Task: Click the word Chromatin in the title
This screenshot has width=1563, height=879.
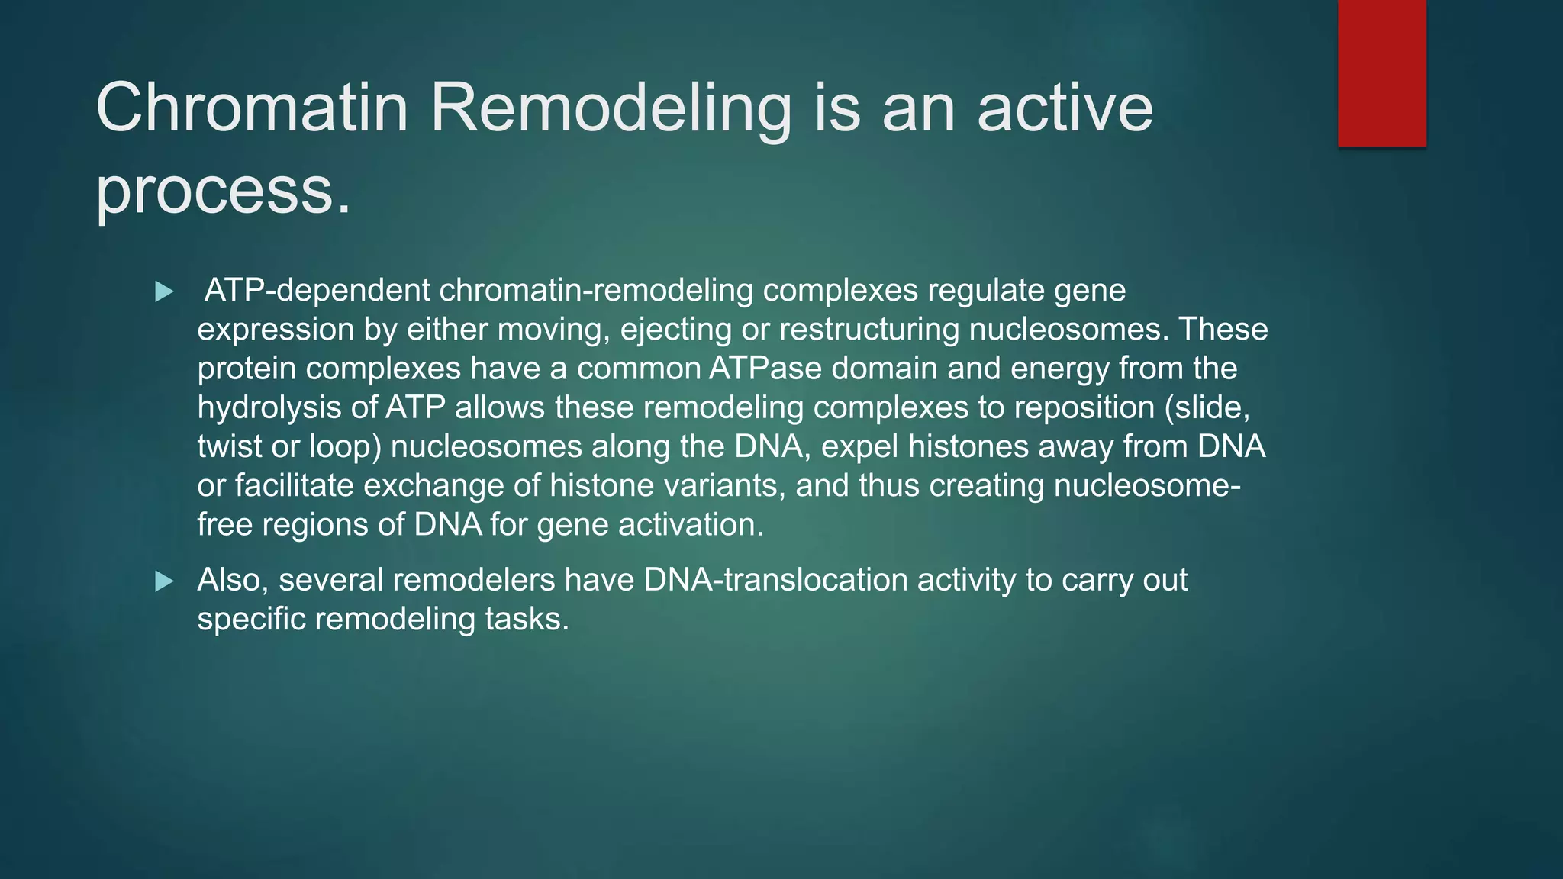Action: point(252,108)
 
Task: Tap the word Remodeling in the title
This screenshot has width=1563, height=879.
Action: point(611,108)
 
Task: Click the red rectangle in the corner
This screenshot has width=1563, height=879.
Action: point(1381,73)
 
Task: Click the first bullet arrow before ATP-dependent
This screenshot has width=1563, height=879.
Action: point(164,291)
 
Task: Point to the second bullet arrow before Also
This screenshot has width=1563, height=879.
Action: point(164,581)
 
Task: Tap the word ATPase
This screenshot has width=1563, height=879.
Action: point(765,369)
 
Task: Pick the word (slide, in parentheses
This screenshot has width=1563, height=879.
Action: point(1207,407)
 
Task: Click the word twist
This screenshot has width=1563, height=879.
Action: point(229,446)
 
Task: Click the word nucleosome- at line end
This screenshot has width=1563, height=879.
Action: point(1147,485)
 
